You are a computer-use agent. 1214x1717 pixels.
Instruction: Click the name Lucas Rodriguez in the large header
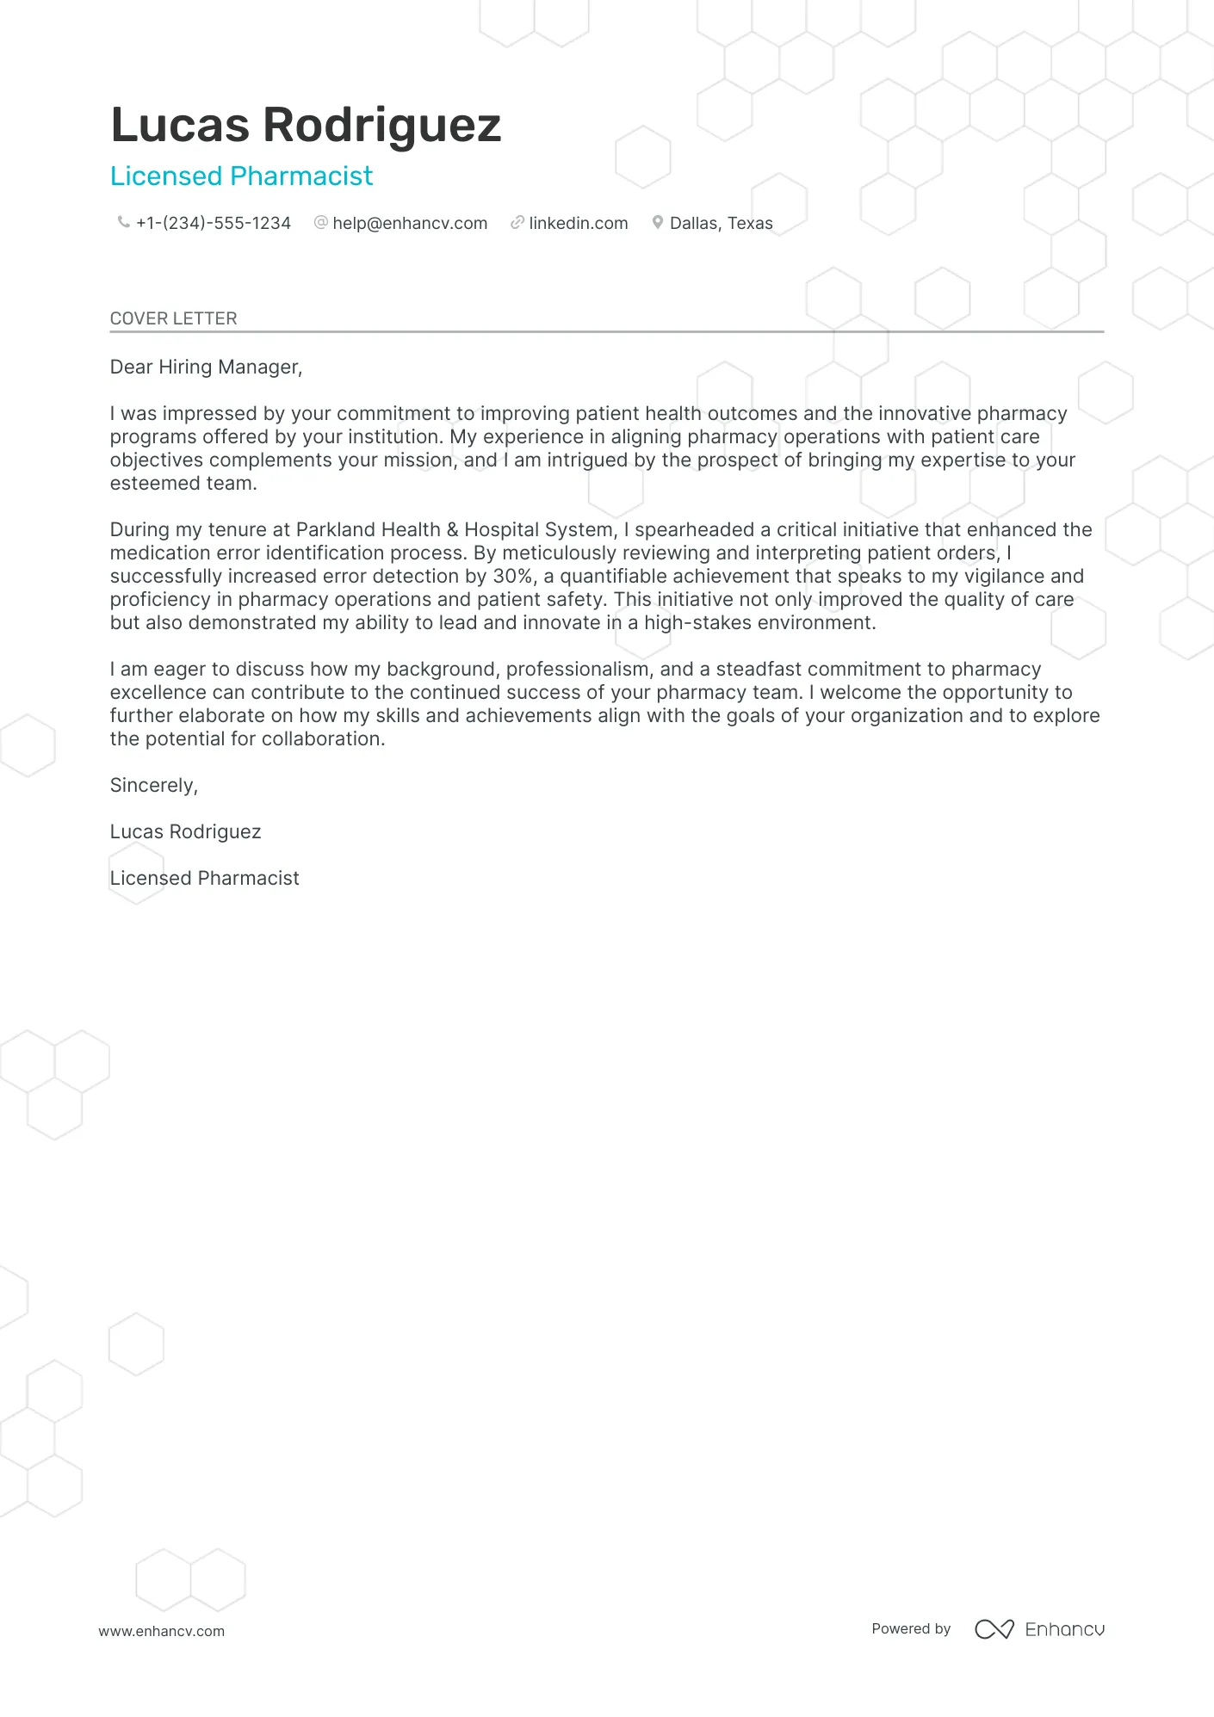click(306, 125)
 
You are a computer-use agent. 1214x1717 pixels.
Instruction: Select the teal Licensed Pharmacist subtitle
click(241, 176)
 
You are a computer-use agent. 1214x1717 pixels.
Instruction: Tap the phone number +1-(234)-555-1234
click(214, 224)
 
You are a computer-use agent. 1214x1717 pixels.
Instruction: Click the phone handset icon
click(124, 223)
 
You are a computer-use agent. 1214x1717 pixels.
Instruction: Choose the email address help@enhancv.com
click(410, 224)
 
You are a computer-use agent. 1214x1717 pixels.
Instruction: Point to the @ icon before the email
click(321, 223)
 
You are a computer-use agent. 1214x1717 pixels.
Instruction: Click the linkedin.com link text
click(579, 224)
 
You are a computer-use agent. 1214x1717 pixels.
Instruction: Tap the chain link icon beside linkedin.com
click(517, 223)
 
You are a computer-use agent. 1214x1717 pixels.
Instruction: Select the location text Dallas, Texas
click(722, 224)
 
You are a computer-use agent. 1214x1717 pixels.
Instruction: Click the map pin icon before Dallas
click(658, 223)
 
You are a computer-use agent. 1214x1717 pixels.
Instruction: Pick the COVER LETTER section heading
click(173, 318)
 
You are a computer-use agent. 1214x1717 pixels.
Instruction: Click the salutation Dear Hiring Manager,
click(206, 367)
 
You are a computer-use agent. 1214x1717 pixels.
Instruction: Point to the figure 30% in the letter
click(513, 577)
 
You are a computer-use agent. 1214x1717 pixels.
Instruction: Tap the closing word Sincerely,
click(154, 786)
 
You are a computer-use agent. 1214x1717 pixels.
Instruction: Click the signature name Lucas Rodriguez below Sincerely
click(185, 832)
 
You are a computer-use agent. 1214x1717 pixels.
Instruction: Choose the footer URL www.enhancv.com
click(161, 1631)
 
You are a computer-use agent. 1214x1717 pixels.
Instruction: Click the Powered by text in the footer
click(911, 1628)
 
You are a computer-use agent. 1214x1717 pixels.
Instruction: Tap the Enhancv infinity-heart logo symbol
click(994, 1629)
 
